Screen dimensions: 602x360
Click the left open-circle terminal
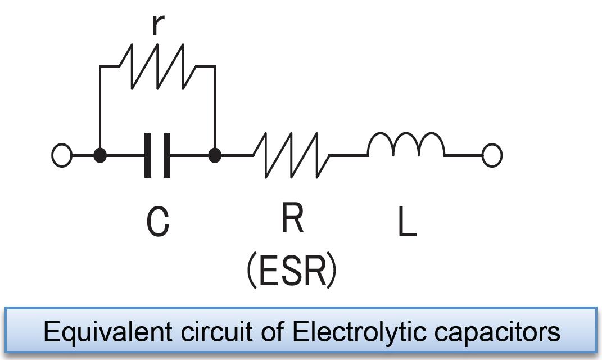tap(62, 155)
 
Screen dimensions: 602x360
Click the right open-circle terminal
tap(492, 155)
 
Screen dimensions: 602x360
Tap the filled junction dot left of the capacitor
tap(100, 155)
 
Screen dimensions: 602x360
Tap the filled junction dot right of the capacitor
tap(215, 155)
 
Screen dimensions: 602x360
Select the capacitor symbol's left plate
tap(148, 155)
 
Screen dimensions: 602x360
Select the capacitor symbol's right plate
tap(166, 155)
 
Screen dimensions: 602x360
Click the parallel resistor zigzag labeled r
tap(157, 67)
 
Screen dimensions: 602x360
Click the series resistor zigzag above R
tap(291, 155)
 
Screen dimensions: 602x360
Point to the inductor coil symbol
tap(406, 145)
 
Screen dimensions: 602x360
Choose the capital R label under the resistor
tap(293, 218)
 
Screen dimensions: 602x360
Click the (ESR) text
tap(292, 271)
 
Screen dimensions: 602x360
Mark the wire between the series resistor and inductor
tap(348, 155)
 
